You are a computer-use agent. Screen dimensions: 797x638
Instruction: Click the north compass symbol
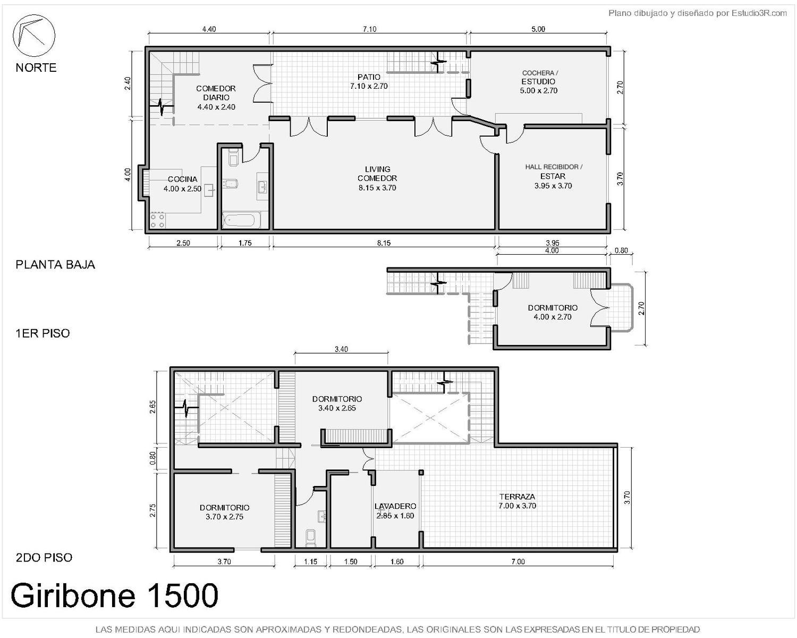[34, 36]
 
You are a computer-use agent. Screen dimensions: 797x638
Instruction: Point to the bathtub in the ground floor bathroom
[239, 220]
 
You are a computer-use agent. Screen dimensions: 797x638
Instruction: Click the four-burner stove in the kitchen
[157, 220]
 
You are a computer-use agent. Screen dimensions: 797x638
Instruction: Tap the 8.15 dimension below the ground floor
[384, 243]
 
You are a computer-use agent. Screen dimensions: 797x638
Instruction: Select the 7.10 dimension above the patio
[369, 29]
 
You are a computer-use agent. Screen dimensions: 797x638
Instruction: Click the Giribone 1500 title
[115, 595]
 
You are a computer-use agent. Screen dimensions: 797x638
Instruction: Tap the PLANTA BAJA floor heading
[55, 265]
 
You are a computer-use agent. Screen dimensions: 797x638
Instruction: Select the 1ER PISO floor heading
[43, 333]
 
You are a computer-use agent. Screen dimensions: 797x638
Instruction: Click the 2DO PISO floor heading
[44, 558]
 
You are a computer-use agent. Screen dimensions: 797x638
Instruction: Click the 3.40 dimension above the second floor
[341, 349]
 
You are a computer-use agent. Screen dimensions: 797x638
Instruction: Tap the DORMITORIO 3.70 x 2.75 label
[224, 512]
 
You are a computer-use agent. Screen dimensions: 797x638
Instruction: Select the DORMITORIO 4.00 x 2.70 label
[553, 312]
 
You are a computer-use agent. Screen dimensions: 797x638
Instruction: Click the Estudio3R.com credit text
[698, 13]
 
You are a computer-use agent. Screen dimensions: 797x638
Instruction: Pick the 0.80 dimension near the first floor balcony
[621, 250]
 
